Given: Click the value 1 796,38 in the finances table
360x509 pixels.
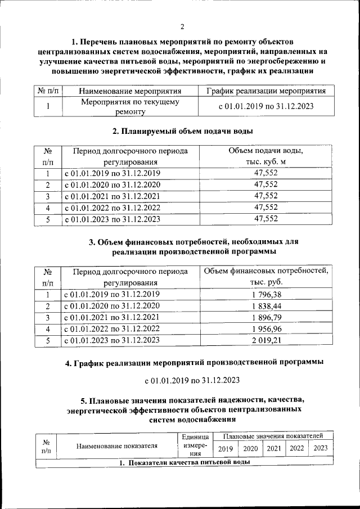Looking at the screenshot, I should click(x=266, y=294).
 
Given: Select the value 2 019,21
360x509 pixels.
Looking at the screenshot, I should click(x=266, y=340).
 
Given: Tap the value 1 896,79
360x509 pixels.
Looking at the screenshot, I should click(x=266, y=317).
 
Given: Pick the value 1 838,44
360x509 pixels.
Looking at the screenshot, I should click(x=266, y=306).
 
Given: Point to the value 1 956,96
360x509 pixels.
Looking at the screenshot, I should click(x=266, y=328).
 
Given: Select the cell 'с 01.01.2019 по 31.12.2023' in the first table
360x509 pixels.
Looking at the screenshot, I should click(x=266, y=106).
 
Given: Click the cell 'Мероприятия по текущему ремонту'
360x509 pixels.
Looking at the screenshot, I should click(x=130, y=107).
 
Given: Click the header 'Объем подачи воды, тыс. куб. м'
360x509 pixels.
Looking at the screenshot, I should click(x=266, y=156).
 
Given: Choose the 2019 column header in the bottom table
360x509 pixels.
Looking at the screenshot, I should click(x=226, y=448).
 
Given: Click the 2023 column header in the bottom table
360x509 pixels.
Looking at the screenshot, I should click(x=320, y=448).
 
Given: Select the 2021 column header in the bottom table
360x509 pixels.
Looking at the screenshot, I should click(x=273, y=448).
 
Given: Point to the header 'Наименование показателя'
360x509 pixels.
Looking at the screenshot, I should click(x=117, y=445).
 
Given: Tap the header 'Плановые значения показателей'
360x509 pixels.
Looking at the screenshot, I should click(x=273, y=436).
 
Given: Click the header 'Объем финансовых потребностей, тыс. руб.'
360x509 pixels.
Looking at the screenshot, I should click(x=266, y=276).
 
